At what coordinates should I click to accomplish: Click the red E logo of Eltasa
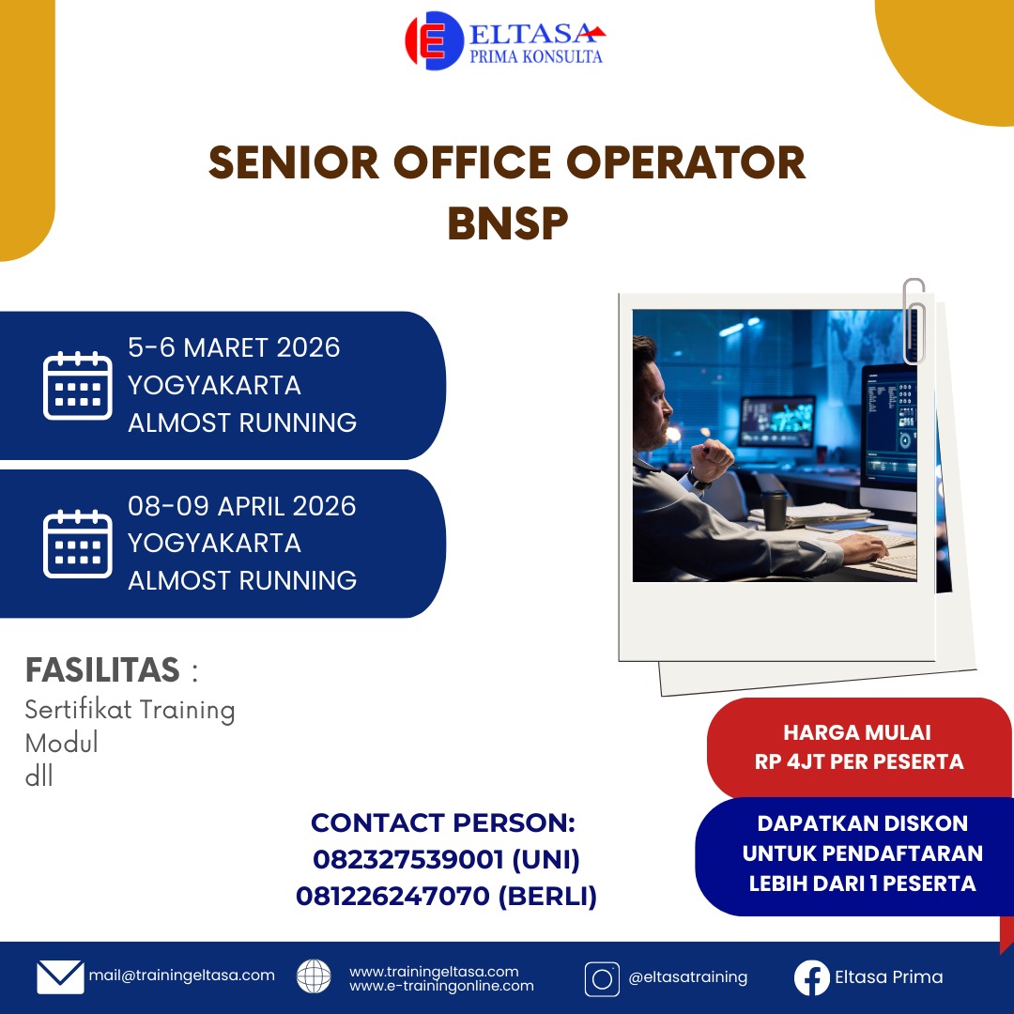434,40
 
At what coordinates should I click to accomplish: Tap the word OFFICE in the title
472,162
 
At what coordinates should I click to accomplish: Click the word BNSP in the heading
508,223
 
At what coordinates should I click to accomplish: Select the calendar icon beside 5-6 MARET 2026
78,386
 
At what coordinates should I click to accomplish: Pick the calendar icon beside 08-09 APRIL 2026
78,544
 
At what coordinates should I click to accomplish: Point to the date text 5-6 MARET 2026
234,348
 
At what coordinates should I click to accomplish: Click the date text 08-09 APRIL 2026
242,506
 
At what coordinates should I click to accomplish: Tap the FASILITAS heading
102,669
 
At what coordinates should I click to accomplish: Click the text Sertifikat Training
130,710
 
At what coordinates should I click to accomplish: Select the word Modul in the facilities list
61,743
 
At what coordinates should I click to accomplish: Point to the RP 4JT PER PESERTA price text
859,761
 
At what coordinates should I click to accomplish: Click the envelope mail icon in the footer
60,976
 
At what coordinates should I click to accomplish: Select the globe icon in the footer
314,976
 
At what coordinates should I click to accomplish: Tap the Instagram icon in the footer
602,978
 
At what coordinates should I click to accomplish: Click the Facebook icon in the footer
811,977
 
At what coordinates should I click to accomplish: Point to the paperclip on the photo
914,321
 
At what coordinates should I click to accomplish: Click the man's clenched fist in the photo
712,460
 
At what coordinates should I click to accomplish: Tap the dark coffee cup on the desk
774,510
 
